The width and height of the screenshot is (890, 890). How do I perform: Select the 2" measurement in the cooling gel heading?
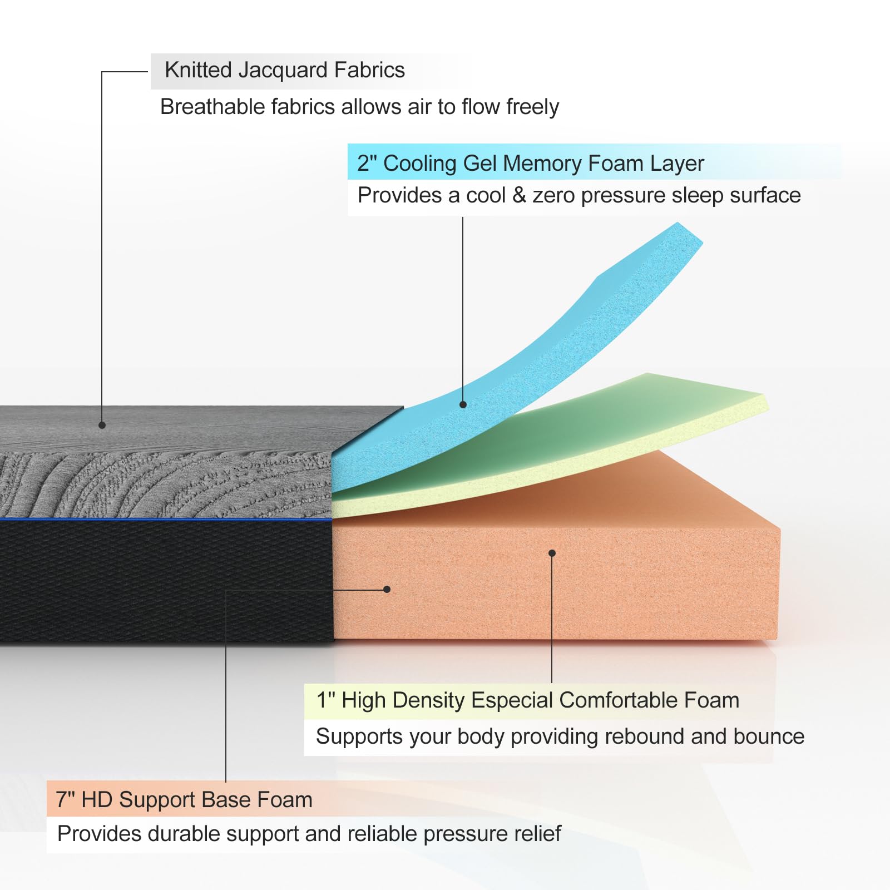[367, 164]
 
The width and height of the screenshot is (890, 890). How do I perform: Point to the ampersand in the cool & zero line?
[519, 195]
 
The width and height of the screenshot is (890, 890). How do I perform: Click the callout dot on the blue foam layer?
[463, 404]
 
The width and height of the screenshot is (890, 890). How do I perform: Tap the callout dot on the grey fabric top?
[102, 425]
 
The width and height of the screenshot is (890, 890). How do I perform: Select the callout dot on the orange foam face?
[552, 553]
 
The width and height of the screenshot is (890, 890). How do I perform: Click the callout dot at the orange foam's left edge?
[387, 589]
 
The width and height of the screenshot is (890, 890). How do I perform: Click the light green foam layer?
[640, 412]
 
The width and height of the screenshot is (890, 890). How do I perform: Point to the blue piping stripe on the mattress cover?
[167, 520]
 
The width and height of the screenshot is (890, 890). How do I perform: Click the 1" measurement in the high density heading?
[325, 700]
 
